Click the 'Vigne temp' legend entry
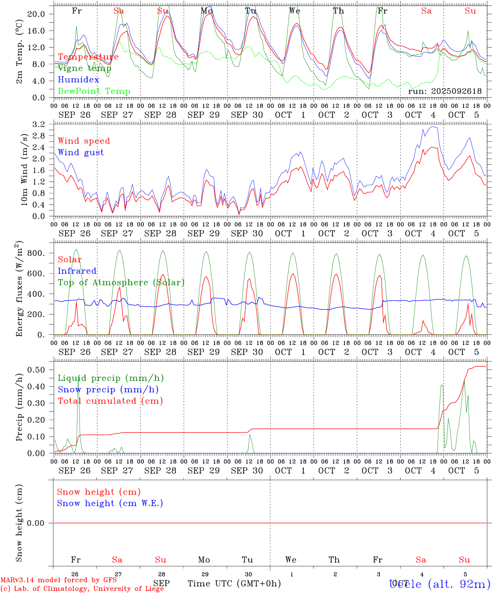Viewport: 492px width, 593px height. pyautogui.click(x=84, y=68)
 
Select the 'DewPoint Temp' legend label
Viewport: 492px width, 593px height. pyautogui.click(x=94, y=91)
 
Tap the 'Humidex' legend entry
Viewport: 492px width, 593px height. pyautogui.click(x=78, y=80)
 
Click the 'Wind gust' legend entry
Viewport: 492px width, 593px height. pyautogui.click(x=81, y=152)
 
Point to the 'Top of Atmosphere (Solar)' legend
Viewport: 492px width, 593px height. pyautogui.click(x=121, y=282)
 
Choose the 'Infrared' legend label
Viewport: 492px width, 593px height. pyautogui.click(x=77, y=271)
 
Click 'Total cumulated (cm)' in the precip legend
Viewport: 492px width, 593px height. pyautogui.click(x=110, y=401)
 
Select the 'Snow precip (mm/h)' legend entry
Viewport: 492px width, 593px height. pyautogui.click(x=108, y=390)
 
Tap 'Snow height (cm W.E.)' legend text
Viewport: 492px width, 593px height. pyautogui.click(x=110, y=503)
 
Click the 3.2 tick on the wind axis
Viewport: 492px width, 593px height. pyautogui.click(x=38, y=124)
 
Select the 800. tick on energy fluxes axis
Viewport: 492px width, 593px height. pyautogui.click(x=35, y=253)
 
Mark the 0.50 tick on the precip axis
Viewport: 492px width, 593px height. pyautogui.click(x=36, y=370)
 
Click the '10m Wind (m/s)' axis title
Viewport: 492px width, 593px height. pyautogui.click(x=24, y=170)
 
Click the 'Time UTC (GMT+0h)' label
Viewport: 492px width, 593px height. pyautogui.click(x=234, y=584)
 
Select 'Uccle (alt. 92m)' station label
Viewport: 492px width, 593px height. pyautogui.click(x=439, y=584)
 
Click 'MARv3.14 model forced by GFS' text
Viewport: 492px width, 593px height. pyautogui.click(x=59, y=580)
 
